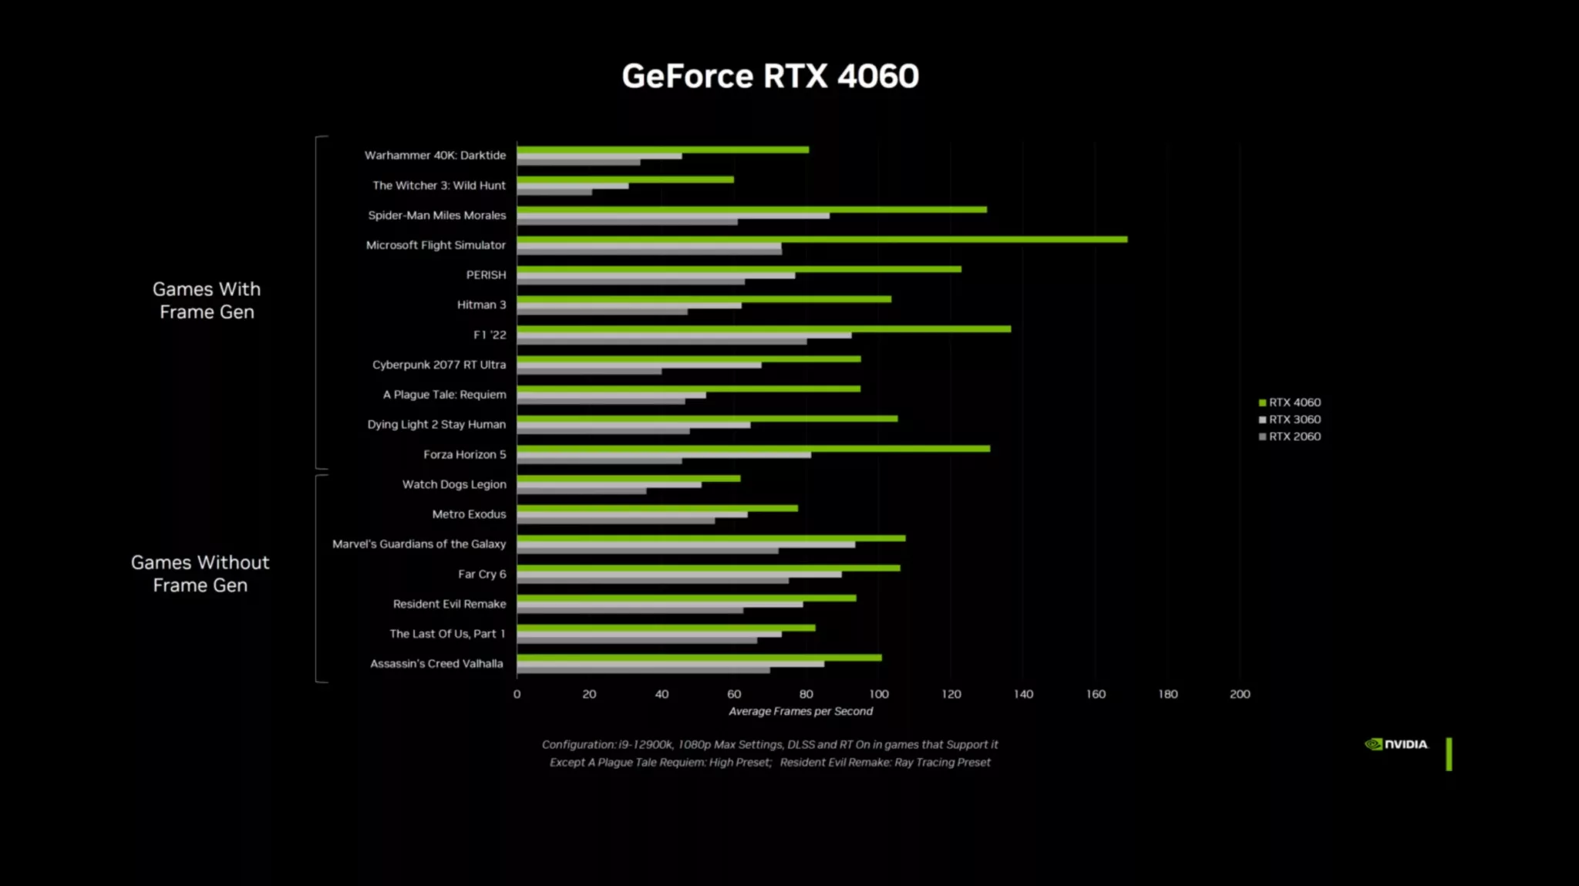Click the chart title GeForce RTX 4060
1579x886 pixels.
tap(769, 76)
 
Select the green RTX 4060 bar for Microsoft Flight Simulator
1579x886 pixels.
tap(821, 240)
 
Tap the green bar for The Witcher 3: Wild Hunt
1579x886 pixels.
tap(625, 180)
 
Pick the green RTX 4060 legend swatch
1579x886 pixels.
tap(1262, 403)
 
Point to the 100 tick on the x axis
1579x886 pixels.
tap(878, 694)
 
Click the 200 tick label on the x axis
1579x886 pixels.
tap(1239, 694)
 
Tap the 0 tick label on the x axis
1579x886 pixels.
tap(517, 694)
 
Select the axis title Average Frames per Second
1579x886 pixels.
tap(800, 711)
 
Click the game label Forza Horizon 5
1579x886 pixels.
tap(464, 454)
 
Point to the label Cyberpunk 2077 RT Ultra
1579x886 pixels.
tap(439, 365)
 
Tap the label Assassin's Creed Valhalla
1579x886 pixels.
tap(436, 664)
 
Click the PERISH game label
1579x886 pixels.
tap(486, 275)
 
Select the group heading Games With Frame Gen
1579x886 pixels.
tap(207, 301)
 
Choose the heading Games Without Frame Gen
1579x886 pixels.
tap(200, 574)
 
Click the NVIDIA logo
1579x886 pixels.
tap(1396, 744)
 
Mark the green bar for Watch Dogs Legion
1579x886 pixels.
tap(628, 479)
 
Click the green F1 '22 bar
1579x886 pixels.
tap(763, 329)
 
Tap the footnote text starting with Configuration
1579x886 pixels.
tap(769, 745)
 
